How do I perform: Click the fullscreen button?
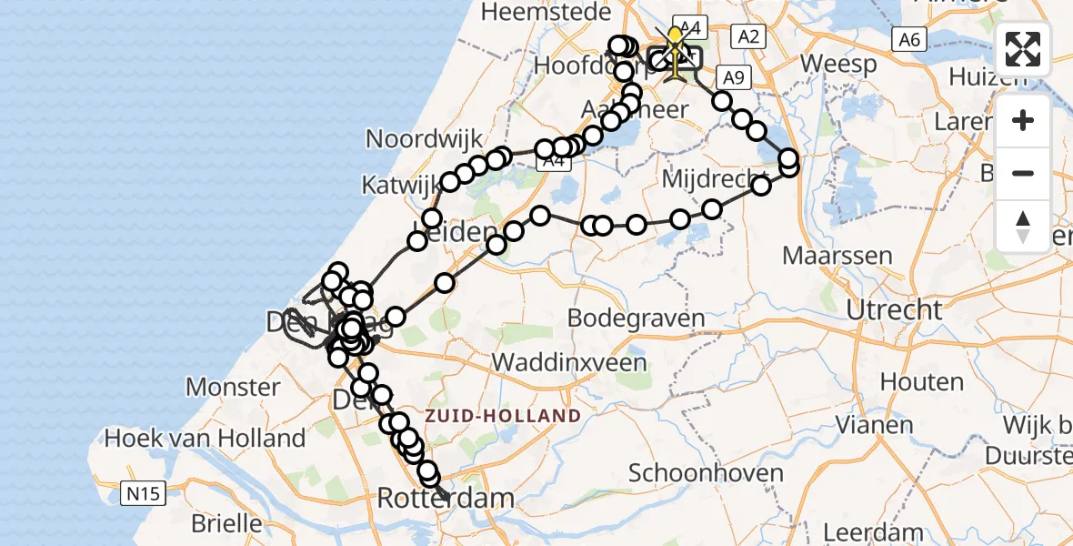pos(1023,49)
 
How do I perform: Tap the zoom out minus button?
pos(1023,173)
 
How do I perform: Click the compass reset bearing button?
pos(1023,226)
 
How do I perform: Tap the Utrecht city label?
pos(894,310)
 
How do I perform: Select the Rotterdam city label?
pos(445,499)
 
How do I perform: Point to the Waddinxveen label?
pos(569,362)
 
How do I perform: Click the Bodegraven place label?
pos(636,318)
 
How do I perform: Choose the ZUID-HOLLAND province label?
pos(502,416)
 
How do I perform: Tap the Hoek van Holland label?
pos(205,438)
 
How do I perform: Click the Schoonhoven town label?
pos(707,473)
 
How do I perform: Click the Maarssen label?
pos(837,256)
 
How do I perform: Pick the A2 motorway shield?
pos(748,36)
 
